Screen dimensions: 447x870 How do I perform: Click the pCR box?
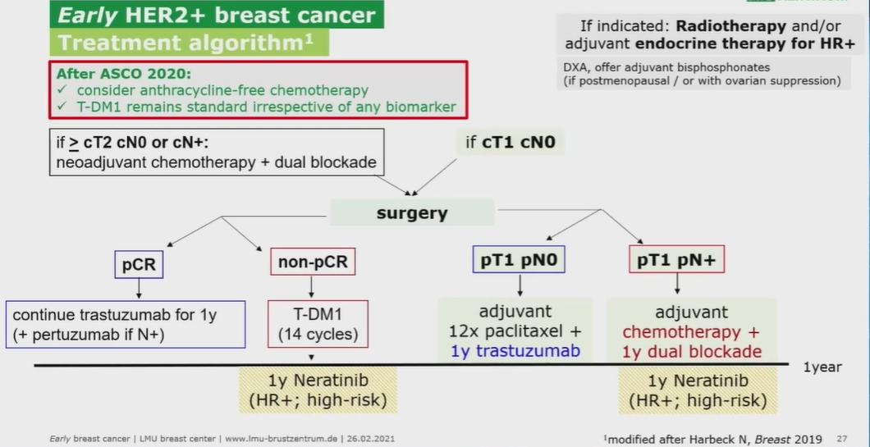pyautogui.click(x=139, y=264)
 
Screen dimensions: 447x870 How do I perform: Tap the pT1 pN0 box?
pyautogui.click(x=520, y=261)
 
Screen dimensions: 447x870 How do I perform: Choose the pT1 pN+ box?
pyautogui.click(x=676, y=261)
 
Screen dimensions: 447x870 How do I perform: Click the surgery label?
pyautogui.click(x=411, y=213)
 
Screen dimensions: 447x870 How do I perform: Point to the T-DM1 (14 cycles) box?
pyautogui.click(x=318, y=324)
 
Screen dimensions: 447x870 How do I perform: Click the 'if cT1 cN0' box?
pyautogui.click(x=510, y=143)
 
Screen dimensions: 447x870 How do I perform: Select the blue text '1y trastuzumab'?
pyautogui.click(x=515, y=351)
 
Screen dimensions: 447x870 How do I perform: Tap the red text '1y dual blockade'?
pyautogui.click(x=691, y=351)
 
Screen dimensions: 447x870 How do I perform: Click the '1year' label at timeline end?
pyautogui.click(x=822, y=367)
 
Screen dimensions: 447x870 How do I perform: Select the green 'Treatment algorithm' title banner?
pyautogui.click(x=189, y=43)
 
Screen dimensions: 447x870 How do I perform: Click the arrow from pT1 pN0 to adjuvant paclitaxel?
pyautogui.click(x=520, y=285)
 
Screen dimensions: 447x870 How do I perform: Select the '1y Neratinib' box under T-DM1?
pyautogui.click(x=318, y=390)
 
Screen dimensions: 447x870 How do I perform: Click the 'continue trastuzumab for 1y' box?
pyautogui.click(x=126, y=324)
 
